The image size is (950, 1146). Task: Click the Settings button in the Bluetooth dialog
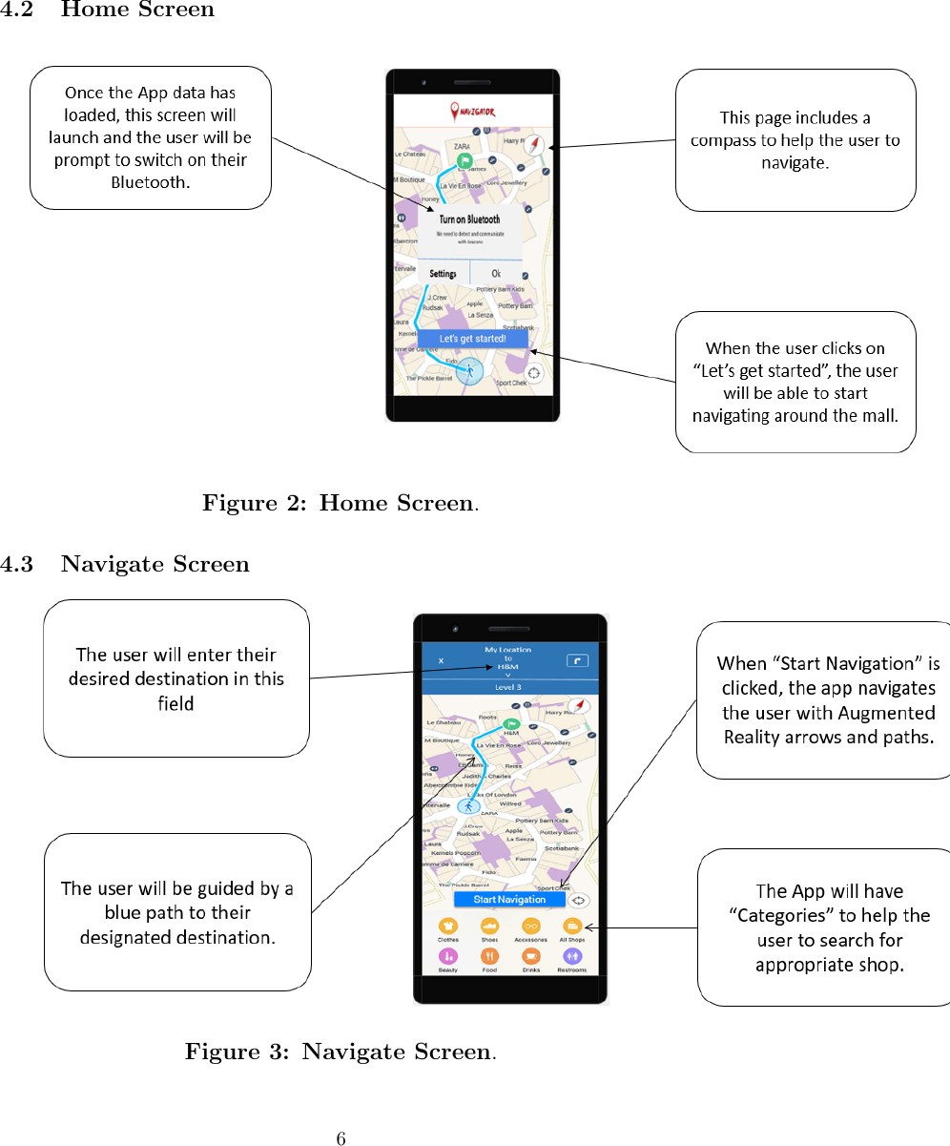pos(443,274)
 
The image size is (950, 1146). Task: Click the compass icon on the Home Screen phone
pos(538,144)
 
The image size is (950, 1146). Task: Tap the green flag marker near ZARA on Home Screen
pos(464,161)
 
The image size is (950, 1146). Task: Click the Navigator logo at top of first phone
pos(472,112)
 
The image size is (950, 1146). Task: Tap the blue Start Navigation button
pos(509,899)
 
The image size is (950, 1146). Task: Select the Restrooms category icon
pos(572,955)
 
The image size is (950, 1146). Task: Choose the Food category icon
pos(489,955)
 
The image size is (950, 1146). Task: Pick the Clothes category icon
pos(447,926)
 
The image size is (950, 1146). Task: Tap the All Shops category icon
pos(572,926)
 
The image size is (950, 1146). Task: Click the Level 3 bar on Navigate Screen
pos(508,687)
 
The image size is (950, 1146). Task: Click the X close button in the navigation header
pos(440,660)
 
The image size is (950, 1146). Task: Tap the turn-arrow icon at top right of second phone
pos(577,660)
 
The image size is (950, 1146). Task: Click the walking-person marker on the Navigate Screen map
pos(468,806)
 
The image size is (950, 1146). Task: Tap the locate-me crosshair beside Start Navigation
pos(579,900)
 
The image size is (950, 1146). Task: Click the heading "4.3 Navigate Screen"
pos(125,565)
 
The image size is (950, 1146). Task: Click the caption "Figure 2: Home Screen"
pos(340,503)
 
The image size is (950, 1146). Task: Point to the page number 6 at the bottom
pos(341,1138)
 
